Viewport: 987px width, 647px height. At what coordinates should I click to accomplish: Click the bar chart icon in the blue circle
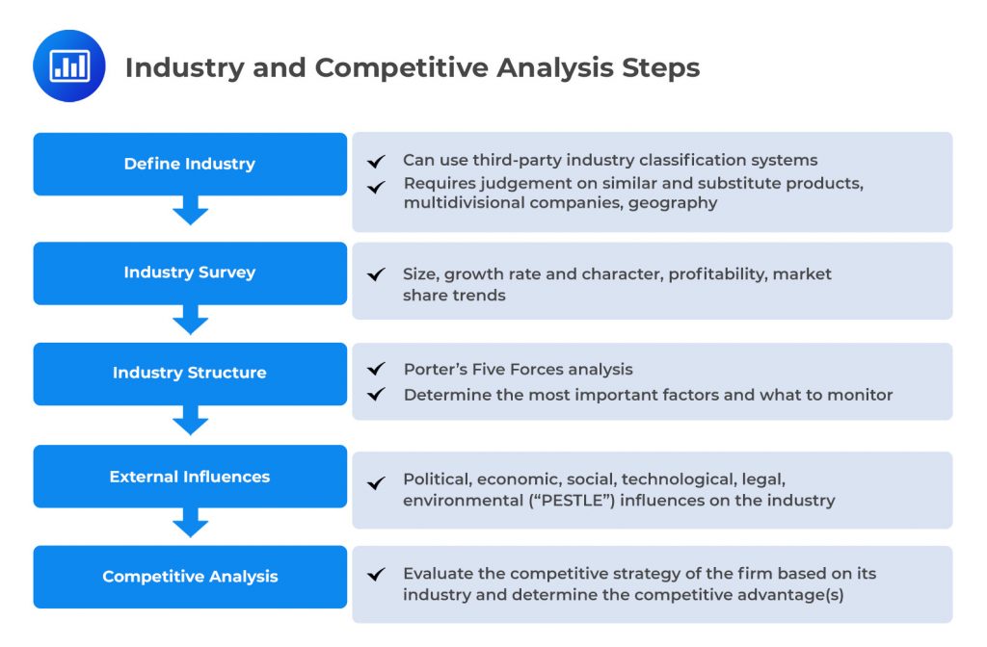pos(68,66)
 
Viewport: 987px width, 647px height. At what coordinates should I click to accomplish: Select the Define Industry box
pos(190,164)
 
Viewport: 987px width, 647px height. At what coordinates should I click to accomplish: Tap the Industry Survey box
pos(190,272)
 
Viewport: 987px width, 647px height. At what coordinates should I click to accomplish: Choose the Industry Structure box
pos(190,373)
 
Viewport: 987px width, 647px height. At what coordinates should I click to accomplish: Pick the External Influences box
pos(190,477)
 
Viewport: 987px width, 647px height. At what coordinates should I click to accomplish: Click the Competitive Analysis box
pos(190,577)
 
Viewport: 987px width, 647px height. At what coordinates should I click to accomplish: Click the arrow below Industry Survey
pos(190,320)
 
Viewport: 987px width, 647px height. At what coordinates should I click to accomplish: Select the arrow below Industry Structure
pos(190,421)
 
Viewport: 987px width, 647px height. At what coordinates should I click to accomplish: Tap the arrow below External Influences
pos(190,523)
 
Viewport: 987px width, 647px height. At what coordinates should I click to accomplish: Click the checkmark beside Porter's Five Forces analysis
pos(376,370)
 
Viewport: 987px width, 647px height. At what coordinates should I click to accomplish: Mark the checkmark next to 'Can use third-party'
pos(376,161)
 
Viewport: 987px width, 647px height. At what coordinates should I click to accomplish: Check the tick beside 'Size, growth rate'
pos(376,275)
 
